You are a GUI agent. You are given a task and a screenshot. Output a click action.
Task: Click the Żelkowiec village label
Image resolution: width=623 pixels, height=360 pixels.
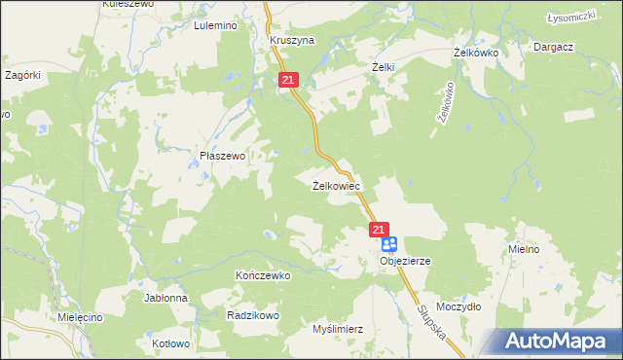337,185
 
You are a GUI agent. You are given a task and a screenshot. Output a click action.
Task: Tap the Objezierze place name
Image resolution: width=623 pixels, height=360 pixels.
405,262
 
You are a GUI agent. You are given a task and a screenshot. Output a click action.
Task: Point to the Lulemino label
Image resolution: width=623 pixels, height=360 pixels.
215,26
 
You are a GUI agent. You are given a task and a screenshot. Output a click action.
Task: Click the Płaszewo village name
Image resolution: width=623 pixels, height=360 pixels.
222,155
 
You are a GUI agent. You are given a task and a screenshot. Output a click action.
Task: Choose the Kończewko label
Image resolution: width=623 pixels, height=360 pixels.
264,275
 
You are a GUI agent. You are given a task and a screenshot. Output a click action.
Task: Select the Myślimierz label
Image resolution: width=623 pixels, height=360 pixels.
337,329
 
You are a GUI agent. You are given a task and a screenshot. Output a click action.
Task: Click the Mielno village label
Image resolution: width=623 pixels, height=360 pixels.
524,249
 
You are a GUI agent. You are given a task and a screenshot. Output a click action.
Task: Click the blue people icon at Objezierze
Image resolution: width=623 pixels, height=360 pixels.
389,244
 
